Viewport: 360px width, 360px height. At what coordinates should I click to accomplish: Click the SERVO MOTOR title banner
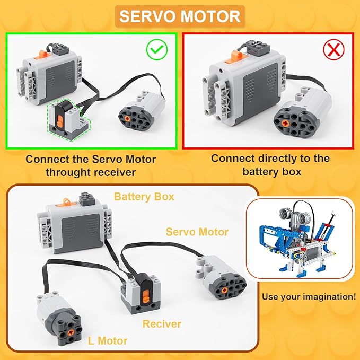click(x=180, y=16)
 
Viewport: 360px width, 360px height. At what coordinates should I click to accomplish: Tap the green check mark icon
click(x=157, y=50)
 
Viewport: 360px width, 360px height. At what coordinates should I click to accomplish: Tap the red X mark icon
click(x=333, y=51)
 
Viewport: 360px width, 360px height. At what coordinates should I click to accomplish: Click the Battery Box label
click(x=144, y=197)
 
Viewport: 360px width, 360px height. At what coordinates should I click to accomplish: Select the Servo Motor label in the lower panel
click(x=197, y=232)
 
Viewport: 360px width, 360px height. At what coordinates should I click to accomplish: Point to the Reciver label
click(x=162, y=323)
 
